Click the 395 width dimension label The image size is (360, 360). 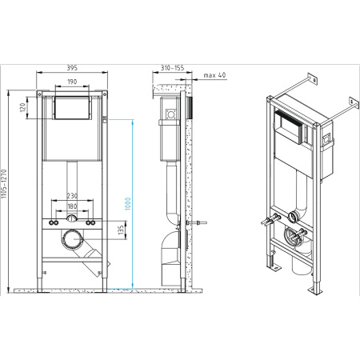(x=72, y=68)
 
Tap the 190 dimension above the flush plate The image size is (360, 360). (x=72, y=82)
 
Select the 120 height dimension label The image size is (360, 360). (x=23, y=107)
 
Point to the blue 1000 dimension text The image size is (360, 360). (x=128, y=204)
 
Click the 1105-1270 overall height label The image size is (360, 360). (x=4, y=184)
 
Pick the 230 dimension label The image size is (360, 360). (x=72, y=196)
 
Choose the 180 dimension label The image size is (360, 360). (x=72, y=206)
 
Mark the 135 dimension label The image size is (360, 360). (x=122, y=230)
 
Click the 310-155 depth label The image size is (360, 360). (x=172, y=68)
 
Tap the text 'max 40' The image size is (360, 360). (x=214, y=75)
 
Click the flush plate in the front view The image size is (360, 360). (x=72, y=108)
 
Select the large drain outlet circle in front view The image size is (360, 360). (x=72, y=239)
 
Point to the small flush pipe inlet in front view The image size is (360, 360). (x=72, y=218)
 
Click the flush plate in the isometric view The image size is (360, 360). (x=289, y=127)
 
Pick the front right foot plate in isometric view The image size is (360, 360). (x=315, y=290)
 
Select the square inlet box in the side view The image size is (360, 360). (x=171, y=114)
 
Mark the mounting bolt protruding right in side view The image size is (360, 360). (x=197, y=222)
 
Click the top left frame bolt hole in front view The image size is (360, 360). (x=39, y=94)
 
